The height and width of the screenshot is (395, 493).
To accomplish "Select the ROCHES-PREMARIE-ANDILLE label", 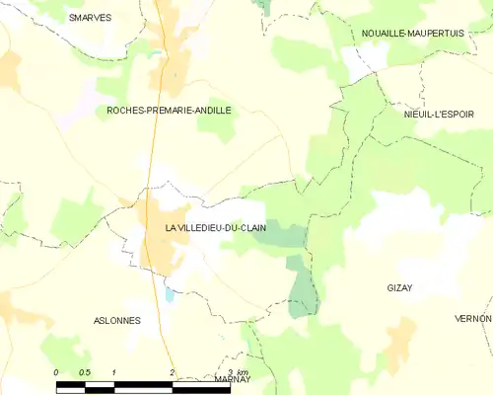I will [x=169, y=111].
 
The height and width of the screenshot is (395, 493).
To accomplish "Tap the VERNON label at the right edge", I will [x=473, y=318].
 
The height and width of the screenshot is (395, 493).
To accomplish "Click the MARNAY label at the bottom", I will [x=233, y=378].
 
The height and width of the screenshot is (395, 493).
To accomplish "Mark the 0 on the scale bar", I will [x=56, y=371].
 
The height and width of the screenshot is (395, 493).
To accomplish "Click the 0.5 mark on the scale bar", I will [x=85, y=371].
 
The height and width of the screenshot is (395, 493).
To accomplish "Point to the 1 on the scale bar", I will [x=114, y=371].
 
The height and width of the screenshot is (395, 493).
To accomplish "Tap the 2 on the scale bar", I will [x=173, y=371].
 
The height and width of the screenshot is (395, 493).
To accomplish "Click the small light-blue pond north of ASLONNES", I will [x=169, y=293].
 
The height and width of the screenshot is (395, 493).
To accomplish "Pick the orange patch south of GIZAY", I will [x=399, y=341].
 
